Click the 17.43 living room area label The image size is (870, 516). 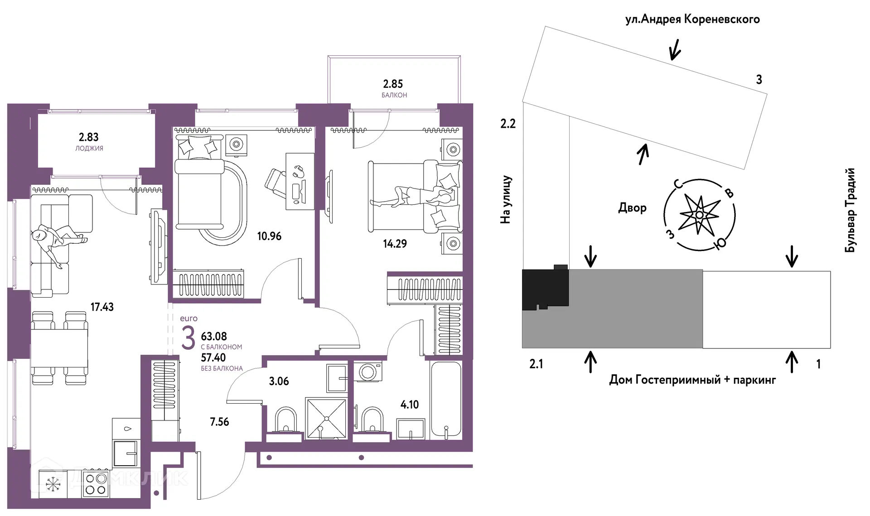pyautogui.click(x=102, y=307)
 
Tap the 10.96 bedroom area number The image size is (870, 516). pyautogui.click(x=269, y=236)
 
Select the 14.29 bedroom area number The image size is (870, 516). pyautogui.click(x=395, y=244)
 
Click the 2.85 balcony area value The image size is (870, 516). pyautogui.click(x=393, y=84)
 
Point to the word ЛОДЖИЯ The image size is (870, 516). pyautogui.click(x=89, y=148)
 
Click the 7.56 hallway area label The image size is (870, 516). pyautogui.click(x=219, y=422)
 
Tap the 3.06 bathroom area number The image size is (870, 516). pyautogui.click(x=279, y=381)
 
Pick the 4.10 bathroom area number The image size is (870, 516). pyautogui.click(x=410, y=405)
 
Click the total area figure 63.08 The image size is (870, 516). pyautogui.click(x=214, y=336)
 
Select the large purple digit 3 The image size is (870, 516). pyautogui.click(x=188, y=338)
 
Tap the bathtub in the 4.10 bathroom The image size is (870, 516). pyautogui.click(x=446, y=400)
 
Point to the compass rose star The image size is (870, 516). pyautogui.click(x=699, y=215)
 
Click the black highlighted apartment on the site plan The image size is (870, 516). pyautogui.click(x=545, y=289)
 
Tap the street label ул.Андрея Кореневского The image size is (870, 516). pyautogui.click(x=692, y=19)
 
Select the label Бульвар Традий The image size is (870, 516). pyautogui.click(x=851, y=210)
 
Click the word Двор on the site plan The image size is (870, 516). pyautogui.click(x=632, y=208)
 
